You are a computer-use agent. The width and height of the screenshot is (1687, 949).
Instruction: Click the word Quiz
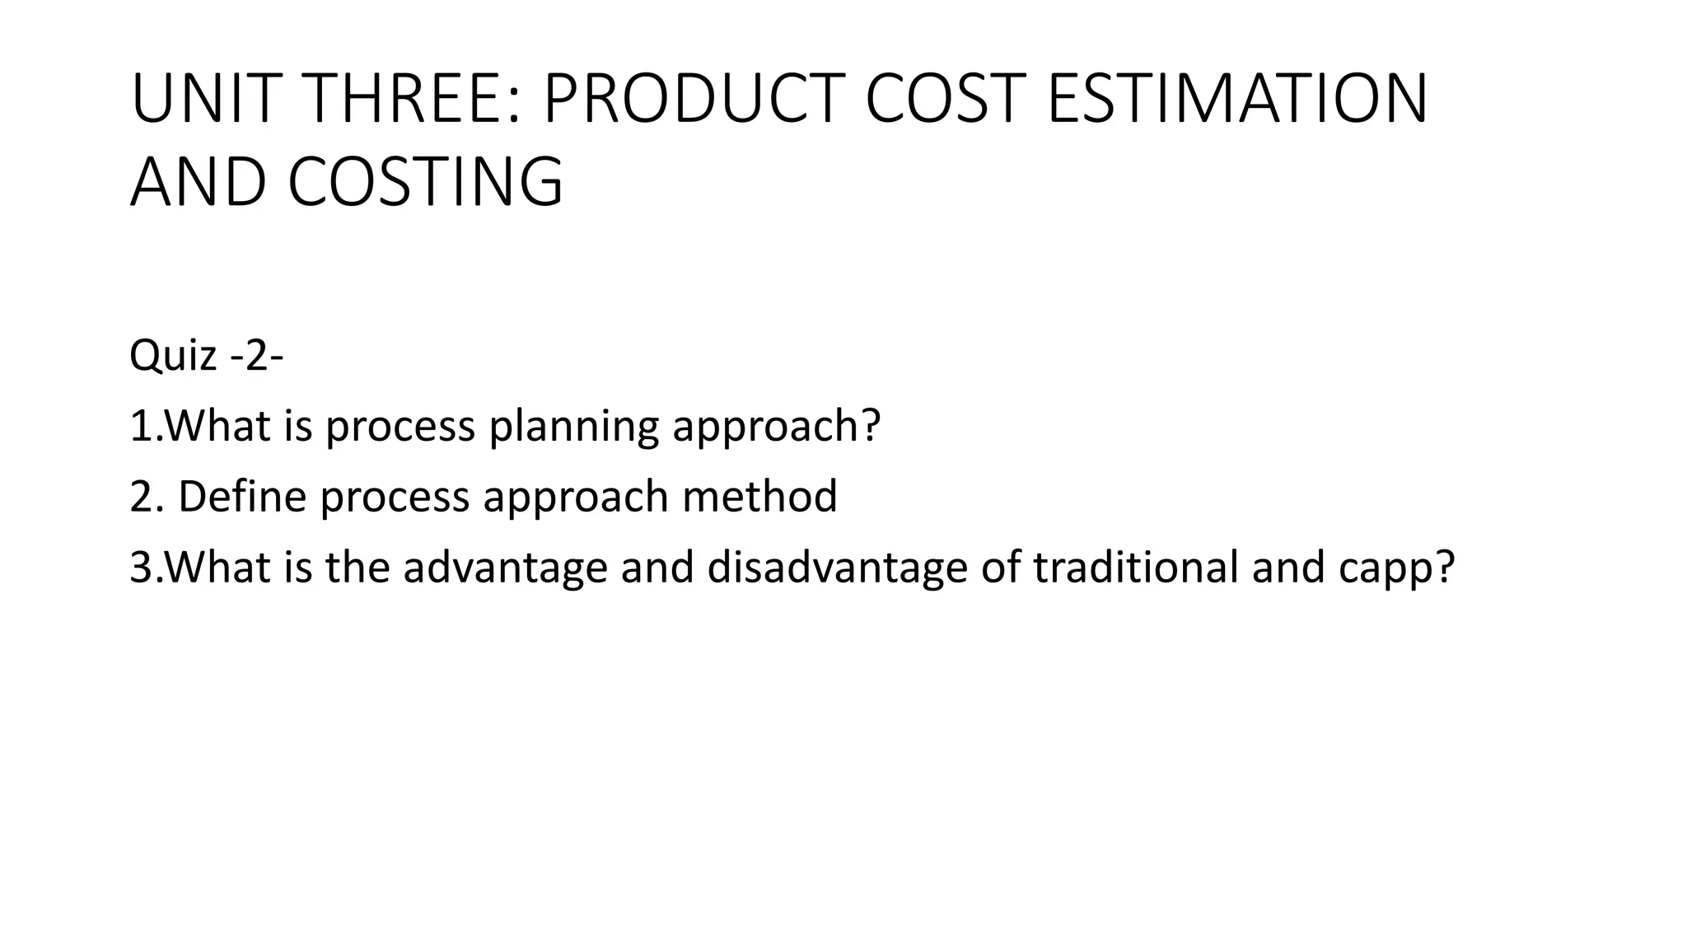173,356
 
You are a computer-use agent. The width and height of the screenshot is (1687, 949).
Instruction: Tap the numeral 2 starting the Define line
139,497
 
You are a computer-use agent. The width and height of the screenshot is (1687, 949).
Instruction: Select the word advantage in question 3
504,568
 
